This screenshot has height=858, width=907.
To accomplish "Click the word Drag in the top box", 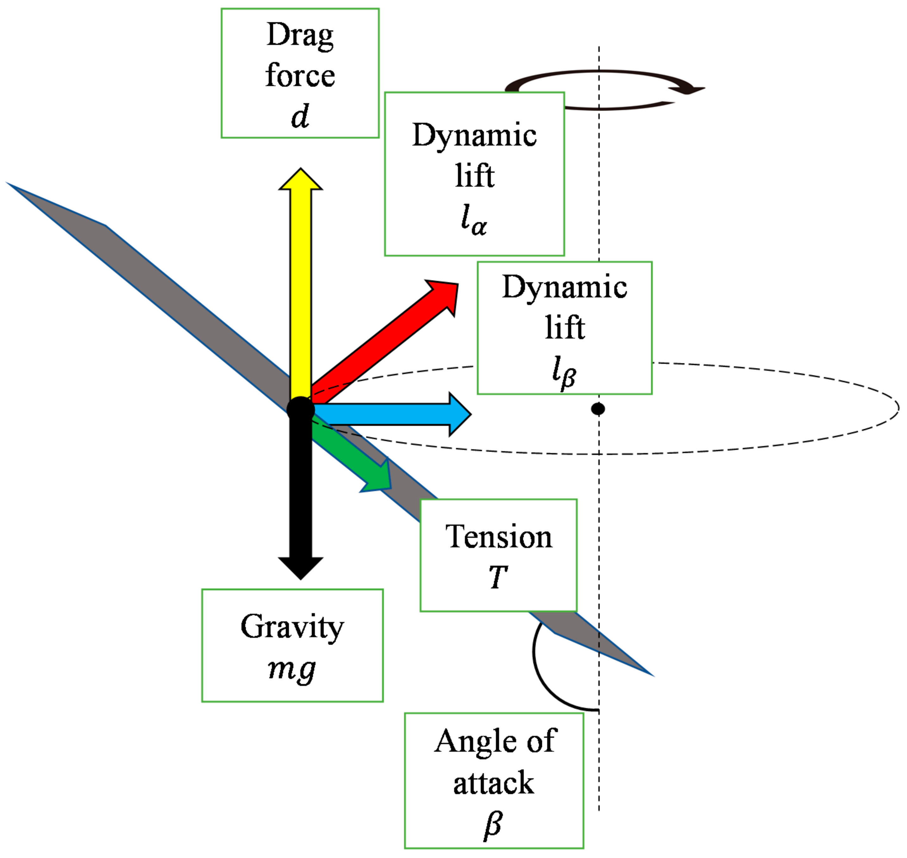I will pos(300,36).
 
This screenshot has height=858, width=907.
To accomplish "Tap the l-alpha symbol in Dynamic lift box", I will pos(473,220).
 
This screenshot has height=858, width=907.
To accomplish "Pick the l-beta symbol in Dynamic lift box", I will pos(564,372).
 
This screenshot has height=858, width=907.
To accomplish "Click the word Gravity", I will pos(292,627).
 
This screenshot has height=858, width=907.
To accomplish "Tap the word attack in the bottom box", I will pos(493,783).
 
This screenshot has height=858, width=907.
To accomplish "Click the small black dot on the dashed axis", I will pos(598,409).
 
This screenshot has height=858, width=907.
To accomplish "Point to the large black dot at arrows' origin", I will pos(301,410).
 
